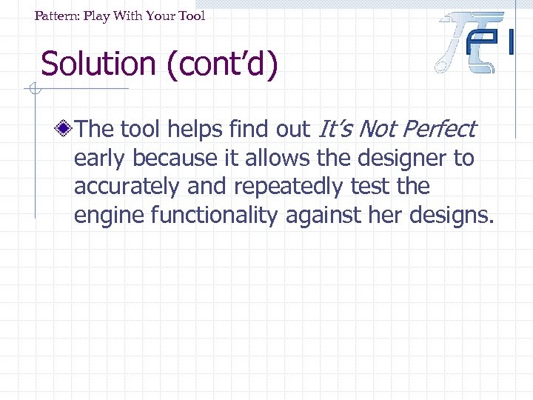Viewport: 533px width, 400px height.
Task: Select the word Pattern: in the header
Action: [58, 16]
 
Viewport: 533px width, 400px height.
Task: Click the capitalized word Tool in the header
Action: [190, 16]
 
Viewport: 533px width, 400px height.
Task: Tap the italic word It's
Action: [335, 129]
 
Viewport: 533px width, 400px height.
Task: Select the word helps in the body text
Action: [194, 129]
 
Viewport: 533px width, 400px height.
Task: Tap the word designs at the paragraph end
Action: [452, 216]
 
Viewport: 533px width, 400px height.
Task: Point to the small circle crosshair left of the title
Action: [33, 90]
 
